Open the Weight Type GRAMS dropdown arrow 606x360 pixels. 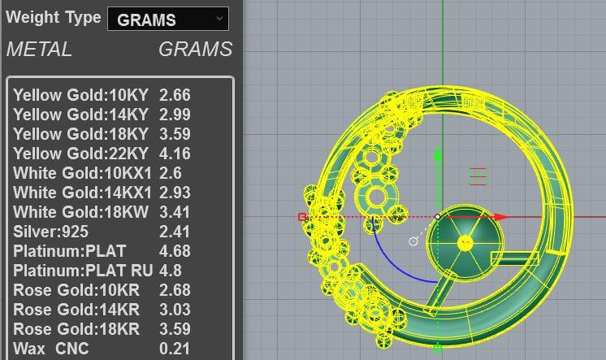point(219,19)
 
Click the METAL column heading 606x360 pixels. point(39,50)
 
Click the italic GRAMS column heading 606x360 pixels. point(196,50)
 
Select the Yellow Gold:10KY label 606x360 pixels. point(80,95)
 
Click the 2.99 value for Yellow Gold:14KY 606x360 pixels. point(175,115)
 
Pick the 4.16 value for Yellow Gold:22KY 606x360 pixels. point(175,154)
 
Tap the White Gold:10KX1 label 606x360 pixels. point(82,173)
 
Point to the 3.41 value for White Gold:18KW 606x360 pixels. point(175,212)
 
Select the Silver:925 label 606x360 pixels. point(50,232)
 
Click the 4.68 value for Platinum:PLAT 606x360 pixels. point(175,251)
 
